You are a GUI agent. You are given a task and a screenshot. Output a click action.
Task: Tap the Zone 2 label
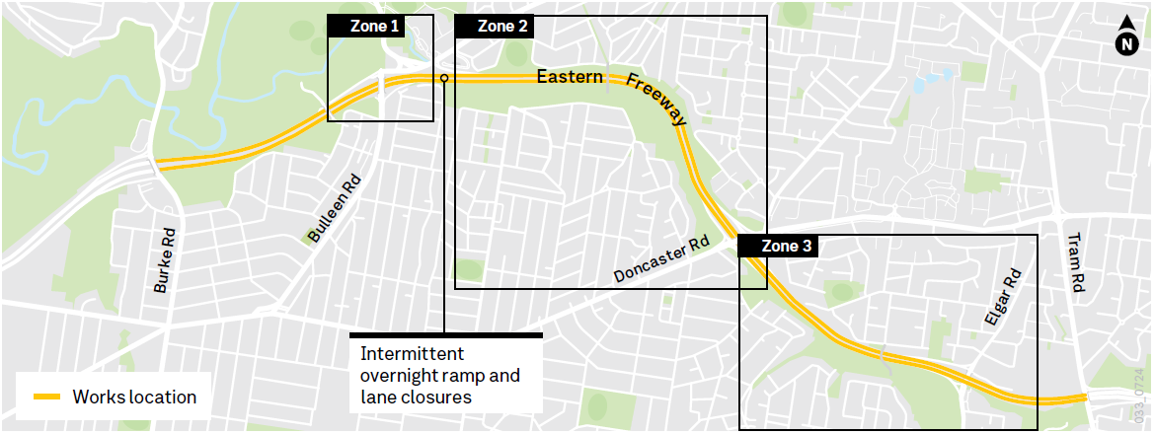pos(502,27)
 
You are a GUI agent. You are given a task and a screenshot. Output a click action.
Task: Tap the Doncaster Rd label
pos(660,258)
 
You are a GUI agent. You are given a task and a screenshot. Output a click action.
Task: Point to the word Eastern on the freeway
pos(570,77)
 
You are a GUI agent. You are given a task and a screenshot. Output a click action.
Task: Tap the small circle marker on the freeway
pos(444,78)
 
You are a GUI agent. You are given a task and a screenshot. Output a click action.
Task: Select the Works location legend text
pos(134,398)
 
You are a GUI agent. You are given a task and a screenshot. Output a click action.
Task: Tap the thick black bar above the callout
pos(446,335)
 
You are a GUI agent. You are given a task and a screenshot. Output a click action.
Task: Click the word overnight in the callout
pos(401,376)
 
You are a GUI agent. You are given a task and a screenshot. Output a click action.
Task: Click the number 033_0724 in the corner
pos(1145,396)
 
